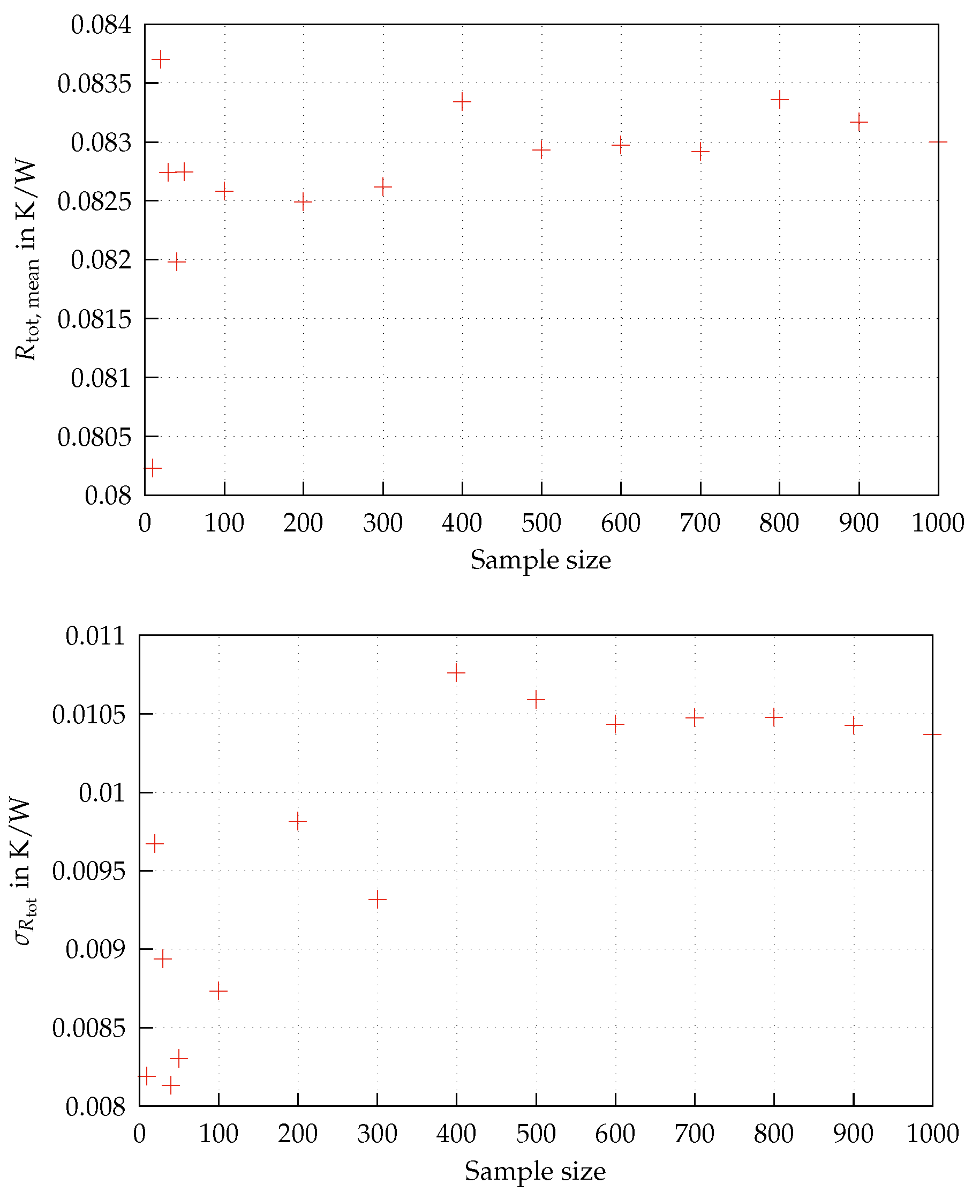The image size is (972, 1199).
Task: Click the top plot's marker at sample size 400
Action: click(462, 102)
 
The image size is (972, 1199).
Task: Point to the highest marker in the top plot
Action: click(161, 59)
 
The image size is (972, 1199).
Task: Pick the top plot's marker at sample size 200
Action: click(303, 201)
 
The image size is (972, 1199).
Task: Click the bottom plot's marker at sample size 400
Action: click(456, 672)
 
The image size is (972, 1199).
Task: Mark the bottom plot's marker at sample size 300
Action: click(378, 900)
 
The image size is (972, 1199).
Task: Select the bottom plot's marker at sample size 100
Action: click(218, 991)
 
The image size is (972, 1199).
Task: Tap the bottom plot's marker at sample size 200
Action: click(298, 821)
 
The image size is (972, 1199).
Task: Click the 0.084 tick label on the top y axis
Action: click(101, 25)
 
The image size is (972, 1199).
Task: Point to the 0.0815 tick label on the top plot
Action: click(94, 319)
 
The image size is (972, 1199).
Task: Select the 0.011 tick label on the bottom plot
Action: click(95, 636)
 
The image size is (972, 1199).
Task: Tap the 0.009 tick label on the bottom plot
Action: click(95, 950)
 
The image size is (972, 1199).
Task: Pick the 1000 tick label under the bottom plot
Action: click(933, 1134)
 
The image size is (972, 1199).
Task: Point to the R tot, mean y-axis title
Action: click(26, 260)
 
